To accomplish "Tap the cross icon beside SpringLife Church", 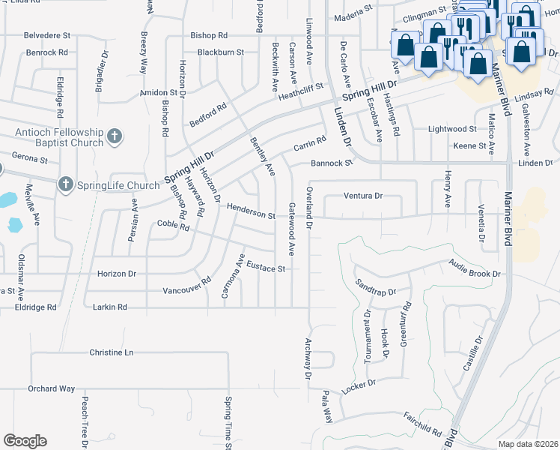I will tap(66, 184).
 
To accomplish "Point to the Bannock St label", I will tap(332, 163).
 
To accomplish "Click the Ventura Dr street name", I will tap(363, 196).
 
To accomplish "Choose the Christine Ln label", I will tap(111, 352).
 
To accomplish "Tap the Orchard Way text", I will tap(52, 388).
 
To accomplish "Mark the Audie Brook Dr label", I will tap(475, 269).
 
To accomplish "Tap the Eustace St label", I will tap(267, 267).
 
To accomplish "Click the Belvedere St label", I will tap(47, 35).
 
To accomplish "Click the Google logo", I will tap(25, 441).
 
